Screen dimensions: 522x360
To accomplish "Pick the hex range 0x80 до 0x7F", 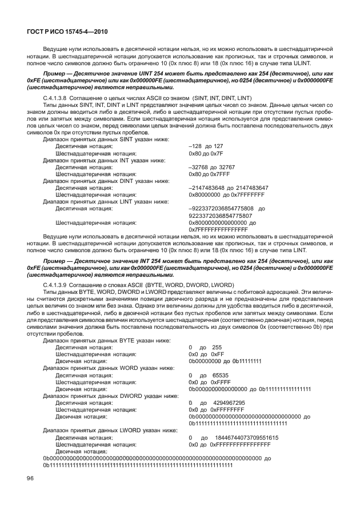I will tap(206, 154).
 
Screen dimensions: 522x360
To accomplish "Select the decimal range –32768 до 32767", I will tap(211, 168).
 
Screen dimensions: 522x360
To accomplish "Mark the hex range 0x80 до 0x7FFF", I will tap(209, 174).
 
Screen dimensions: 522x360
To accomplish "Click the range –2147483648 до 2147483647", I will tap(228, 188).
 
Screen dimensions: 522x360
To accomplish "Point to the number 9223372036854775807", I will tap(220, 216).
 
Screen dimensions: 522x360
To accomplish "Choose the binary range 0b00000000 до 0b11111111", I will tap(225, 361).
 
